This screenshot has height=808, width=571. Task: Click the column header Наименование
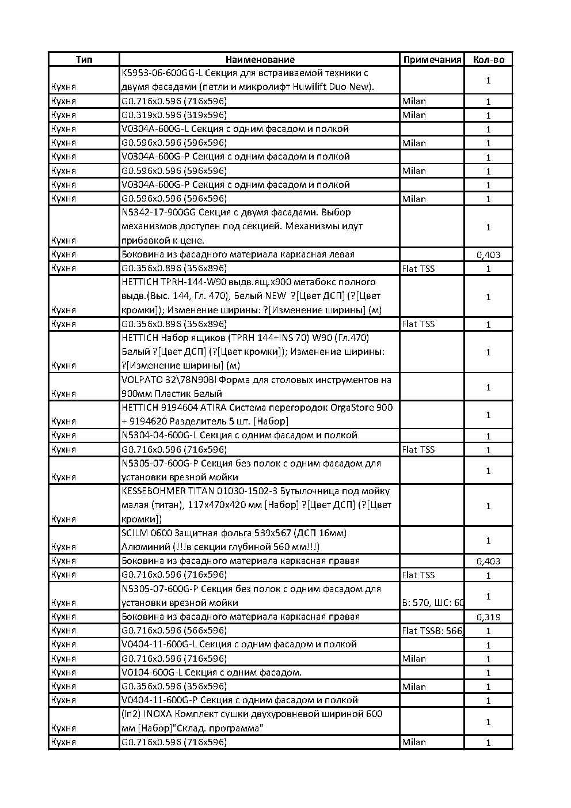pyautogui.click(x=259, y=59)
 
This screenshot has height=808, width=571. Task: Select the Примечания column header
pyautogui.click(x=432, y=59)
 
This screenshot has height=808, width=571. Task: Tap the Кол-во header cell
pyautogui.click(x=488, y=59)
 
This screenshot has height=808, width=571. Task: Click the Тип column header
pyautogui.click(x=84, y=59)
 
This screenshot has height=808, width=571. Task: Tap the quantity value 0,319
pyautogui.click(x=488, y=617)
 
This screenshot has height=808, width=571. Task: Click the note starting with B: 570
pyautogui.click(x=432, y=603)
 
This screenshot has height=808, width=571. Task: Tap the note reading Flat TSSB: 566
pyautogui.click(x=432, y=631)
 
